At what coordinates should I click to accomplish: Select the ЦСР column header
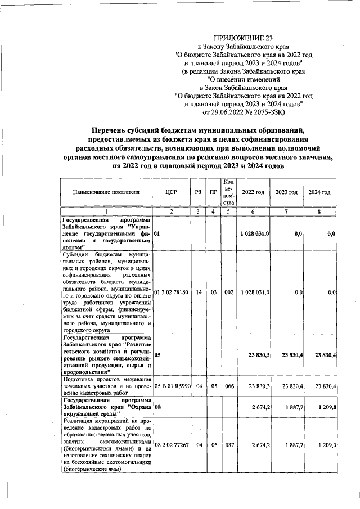172,192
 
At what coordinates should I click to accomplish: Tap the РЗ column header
198,192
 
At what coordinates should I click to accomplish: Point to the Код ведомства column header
228,192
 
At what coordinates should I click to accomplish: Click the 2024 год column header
319,192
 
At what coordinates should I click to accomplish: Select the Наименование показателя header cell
106,192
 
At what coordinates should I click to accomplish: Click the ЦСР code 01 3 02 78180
171,292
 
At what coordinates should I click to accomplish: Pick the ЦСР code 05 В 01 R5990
172,387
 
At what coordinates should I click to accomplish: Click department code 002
228,292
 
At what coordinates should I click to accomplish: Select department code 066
228,387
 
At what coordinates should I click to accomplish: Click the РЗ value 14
198,292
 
